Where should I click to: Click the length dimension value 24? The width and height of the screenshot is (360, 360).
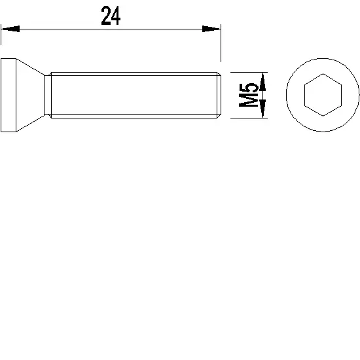[111, 16]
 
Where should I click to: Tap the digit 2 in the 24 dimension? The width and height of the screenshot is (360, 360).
[106, 16]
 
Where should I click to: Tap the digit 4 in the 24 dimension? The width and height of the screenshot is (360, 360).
[117, 16]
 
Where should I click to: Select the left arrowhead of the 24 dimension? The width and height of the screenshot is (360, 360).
[10, 29]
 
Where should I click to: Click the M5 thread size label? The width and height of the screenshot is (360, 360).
[247, 96]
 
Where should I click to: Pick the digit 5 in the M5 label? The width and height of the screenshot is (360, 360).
[247, 87]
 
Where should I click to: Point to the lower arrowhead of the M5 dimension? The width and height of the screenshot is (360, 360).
[262, 111]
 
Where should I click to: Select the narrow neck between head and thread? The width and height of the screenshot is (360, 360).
[47, 96]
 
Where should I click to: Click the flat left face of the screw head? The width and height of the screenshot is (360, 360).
[1, 96]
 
